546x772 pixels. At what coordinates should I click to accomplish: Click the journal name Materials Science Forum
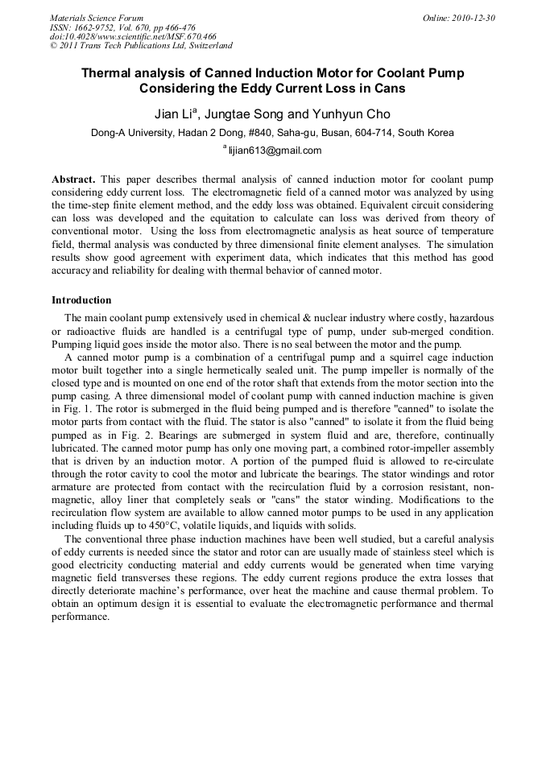[97, 18]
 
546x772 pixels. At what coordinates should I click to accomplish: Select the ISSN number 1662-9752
[101, 27]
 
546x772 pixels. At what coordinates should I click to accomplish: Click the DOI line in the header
[133, 36]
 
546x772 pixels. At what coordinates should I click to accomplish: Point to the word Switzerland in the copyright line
[206, 46]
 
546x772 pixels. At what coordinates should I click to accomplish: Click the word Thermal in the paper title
[106, 73]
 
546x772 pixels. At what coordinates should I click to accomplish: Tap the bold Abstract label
[73, 178]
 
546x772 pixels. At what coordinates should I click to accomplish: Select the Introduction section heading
[81, 300]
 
